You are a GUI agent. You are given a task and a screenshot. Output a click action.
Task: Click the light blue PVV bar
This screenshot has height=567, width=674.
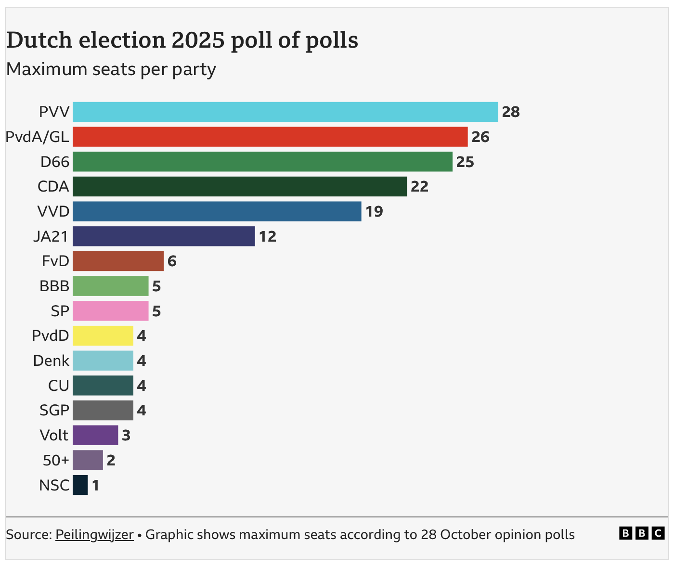pos(285,112)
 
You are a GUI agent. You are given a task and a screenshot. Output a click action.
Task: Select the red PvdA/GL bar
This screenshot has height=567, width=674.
pos(270,137)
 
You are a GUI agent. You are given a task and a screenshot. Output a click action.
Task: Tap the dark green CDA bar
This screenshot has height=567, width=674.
pos(240,186)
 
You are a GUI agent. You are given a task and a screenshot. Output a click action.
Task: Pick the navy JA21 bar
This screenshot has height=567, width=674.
pos(164,236)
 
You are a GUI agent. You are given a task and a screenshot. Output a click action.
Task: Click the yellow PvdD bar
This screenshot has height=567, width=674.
pos(103,335)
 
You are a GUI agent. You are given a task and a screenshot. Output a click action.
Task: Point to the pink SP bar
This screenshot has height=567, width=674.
pos(111,311)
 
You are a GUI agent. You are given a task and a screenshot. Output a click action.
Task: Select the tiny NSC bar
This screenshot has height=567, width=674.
pos(80,485)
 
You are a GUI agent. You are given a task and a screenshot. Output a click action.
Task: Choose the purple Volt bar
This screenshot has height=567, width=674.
pos(95,435)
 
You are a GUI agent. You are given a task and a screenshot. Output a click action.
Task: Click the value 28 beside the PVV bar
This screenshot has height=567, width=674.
pos(511,112)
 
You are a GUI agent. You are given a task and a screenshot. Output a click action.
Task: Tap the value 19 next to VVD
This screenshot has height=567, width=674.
pos(374,212)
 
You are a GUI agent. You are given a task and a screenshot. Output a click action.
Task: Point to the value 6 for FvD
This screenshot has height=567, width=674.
pos(172,261)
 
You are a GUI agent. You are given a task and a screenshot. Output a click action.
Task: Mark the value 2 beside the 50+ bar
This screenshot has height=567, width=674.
pos(111,461)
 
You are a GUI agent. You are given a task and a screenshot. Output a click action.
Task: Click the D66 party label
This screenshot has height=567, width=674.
pos(55,162)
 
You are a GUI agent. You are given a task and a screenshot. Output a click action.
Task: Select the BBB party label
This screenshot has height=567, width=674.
pos(54,286)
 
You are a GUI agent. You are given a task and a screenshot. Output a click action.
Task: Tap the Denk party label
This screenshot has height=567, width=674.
pos(51,361)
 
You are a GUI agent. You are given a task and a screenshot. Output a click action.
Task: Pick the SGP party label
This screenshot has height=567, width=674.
pos(54,411)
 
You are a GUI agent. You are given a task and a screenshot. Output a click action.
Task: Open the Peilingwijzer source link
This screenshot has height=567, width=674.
pos(94,534)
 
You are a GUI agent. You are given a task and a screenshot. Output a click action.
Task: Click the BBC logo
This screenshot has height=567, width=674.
pos(642,533)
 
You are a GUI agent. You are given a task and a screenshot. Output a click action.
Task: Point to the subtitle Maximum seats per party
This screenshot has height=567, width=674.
pos(111,69)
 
